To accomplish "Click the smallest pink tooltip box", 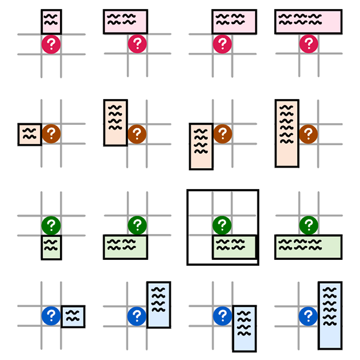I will [x=52, y=22].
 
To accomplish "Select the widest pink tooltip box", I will [x=308, y=22].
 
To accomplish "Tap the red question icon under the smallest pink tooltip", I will [x=52, y=44].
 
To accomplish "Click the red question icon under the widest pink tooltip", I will [x=308, y=44].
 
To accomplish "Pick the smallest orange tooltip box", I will [x=29, y=134].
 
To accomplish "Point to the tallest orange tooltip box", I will [x=287, y=133].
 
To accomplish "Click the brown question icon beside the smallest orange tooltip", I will [x=52, y=134].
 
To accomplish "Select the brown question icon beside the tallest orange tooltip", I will [x=308, y=134].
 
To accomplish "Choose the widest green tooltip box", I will [x=308, y=247].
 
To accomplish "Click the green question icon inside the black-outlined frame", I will [x=223, y=226].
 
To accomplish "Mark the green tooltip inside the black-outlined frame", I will [x=234, y=247].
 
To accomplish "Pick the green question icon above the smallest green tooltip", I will [x=52, y=226].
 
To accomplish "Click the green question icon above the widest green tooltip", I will [x=308, y=226].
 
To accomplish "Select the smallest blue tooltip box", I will [x=73, y=316].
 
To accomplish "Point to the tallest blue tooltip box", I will [x=330, y=315].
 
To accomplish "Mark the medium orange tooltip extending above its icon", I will [x=115, y=122].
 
